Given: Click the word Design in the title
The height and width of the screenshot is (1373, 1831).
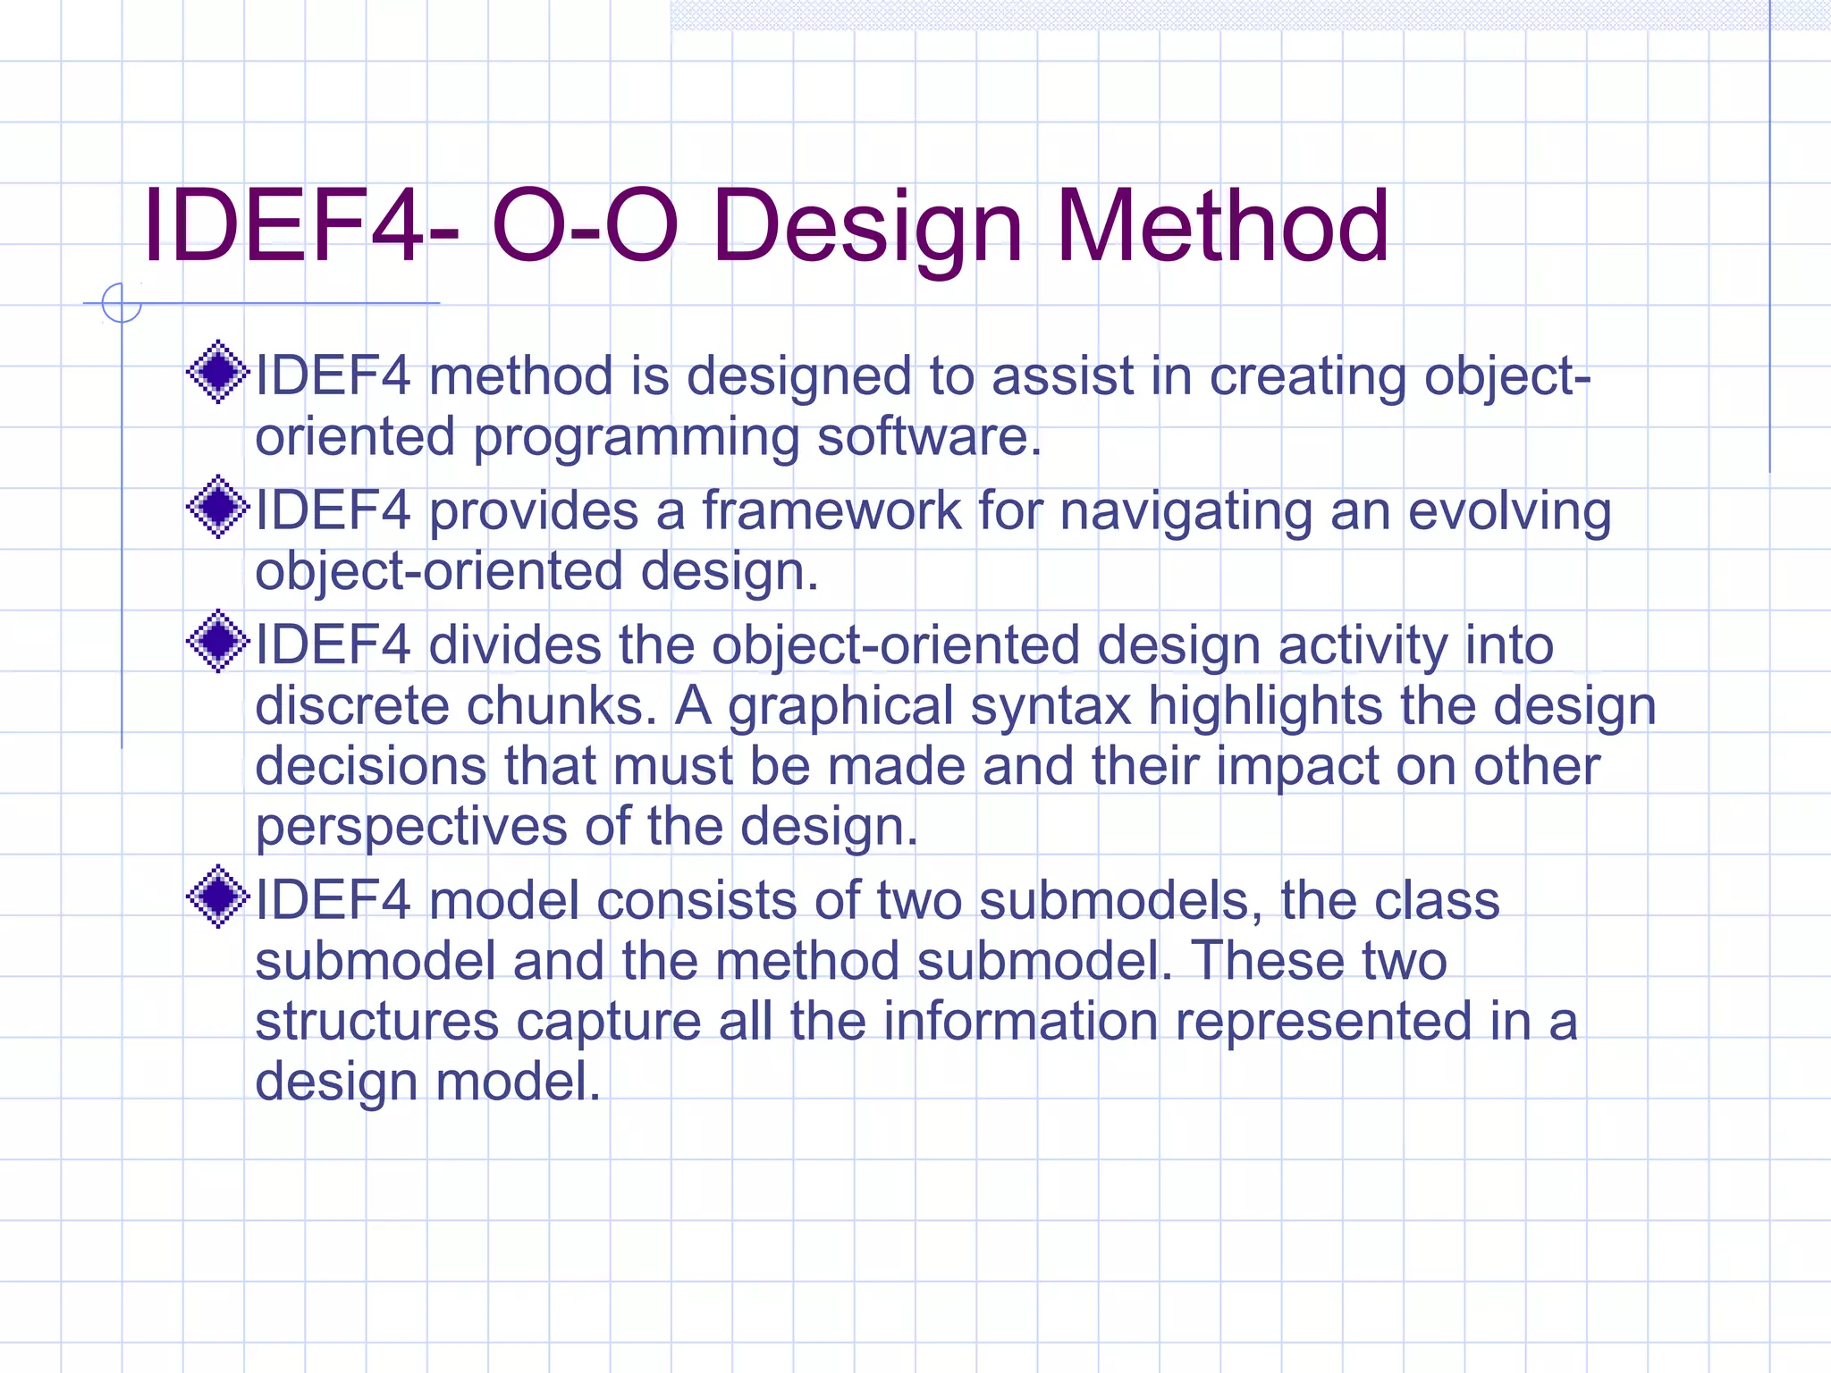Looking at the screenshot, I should pos(866,228).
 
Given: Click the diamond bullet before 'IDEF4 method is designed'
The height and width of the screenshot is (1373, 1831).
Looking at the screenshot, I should pos(217,372).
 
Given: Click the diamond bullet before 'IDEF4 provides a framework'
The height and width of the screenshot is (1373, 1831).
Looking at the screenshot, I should pos(217,507).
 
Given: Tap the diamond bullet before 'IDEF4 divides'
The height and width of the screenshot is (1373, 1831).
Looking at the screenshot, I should pos(217,641).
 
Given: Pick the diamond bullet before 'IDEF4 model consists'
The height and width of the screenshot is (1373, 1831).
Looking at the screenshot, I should pos(217,897).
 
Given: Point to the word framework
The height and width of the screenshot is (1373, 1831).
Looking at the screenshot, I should pos(831,511).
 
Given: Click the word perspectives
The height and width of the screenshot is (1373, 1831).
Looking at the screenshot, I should pos(411,828).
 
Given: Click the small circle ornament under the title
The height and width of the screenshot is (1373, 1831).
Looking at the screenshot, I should pos(121,303).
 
